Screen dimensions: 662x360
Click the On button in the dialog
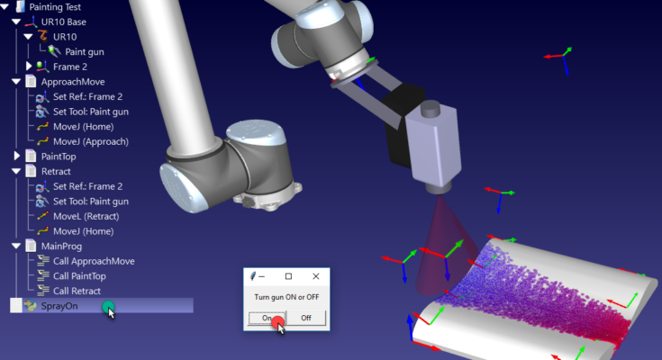[x=267, y=318]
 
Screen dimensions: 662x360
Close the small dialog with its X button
[x=316, y=276]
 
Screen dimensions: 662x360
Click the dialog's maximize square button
[x=288, y=276]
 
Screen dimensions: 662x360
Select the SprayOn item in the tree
[x=59, y=306]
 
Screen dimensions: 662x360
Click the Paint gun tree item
[x=85, y=52]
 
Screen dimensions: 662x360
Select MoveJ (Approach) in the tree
[x=91, y=142]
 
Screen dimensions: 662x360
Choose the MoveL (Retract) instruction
[x=86, y=217]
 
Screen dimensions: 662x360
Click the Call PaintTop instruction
[x=79, y=276]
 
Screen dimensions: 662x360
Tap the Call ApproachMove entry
[x=94, y=261]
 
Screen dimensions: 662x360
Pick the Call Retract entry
[x=77, y=292]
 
